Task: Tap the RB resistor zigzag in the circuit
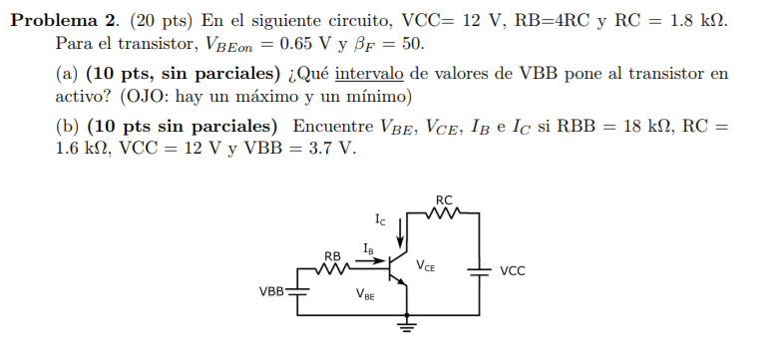pyautogui.click(x=333, y=268)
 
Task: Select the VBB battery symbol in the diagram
pyautogui.click(x=300, y=291)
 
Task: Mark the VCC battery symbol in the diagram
pyautogui.click(x=482, y=269)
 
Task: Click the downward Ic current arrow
pyautogui.click(x=401, y=235)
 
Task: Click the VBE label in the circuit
pyautogui.click(x=365, y=294)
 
